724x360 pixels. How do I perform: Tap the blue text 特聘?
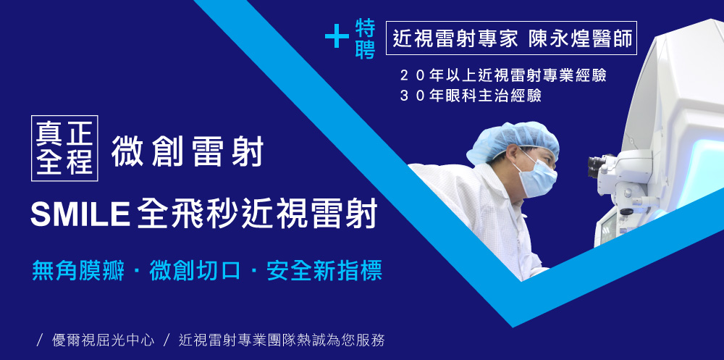pyautogui.click(x=365, y=39)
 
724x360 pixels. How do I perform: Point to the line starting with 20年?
pyautogui.click(x=503, y=76)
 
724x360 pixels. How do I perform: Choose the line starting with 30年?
pyautogui.click(x=471, y=96)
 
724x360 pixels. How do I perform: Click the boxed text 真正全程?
pyautogui.click(x=64, y=148)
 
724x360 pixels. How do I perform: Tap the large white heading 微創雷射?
pyautogui.click(x=187, y=151)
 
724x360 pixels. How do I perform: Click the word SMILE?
pyautogui.click(x=80, y=214)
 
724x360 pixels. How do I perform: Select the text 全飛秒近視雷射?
pyautogui.click(x=257, y=213)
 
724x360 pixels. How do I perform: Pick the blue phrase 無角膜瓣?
pyautogui.click(x=78, y=272)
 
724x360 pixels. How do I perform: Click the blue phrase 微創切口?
pyautogui.click(x=195, y=272)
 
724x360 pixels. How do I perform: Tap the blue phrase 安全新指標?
pyautogui.click(x=324, y=272)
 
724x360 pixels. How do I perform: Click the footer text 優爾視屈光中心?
pyautogui.click(x=103, y=340)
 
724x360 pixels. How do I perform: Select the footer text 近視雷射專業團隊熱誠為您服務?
pyautogui.click(x=282, y=340)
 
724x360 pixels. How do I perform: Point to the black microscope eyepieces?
pyautogui.click(x=597, y=166)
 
